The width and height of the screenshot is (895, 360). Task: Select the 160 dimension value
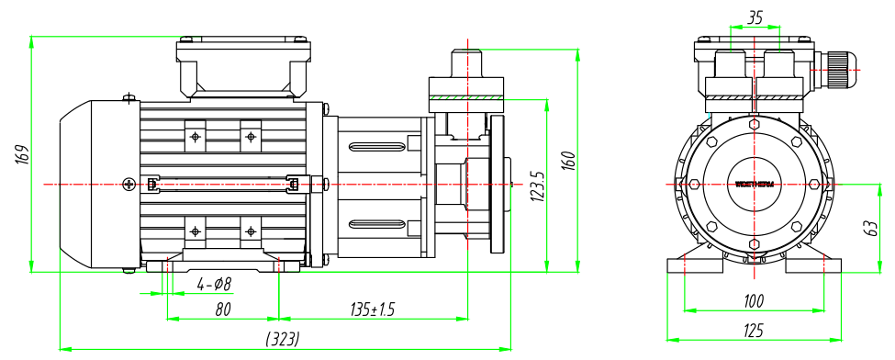568,160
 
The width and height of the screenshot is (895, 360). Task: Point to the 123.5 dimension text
537,185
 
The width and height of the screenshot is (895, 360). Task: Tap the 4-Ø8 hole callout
215,284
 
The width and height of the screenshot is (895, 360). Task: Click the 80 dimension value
222,309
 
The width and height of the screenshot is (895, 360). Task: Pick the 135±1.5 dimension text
372,309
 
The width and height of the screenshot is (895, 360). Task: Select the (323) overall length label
283,338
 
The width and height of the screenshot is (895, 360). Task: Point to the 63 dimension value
871,228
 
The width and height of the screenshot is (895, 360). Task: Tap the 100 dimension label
754,300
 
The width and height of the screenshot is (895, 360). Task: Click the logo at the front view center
755,184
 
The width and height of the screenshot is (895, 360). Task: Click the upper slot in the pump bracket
378,144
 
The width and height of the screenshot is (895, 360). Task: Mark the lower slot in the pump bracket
378,223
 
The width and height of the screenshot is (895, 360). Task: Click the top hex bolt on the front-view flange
755,122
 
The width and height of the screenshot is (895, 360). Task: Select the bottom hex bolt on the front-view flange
755,244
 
